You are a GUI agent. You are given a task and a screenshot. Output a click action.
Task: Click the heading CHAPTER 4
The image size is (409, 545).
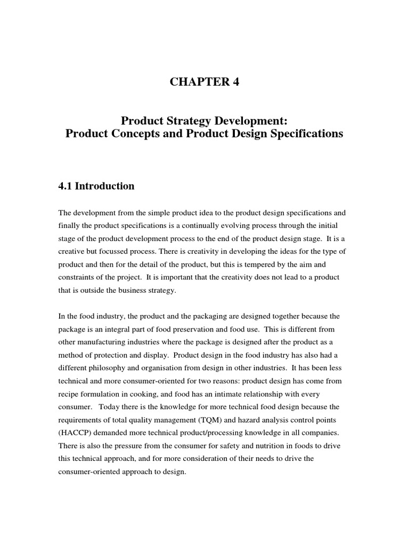pos(204,82)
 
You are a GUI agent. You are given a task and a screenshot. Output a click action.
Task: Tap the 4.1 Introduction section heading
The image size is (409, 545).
pos(96,186)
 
